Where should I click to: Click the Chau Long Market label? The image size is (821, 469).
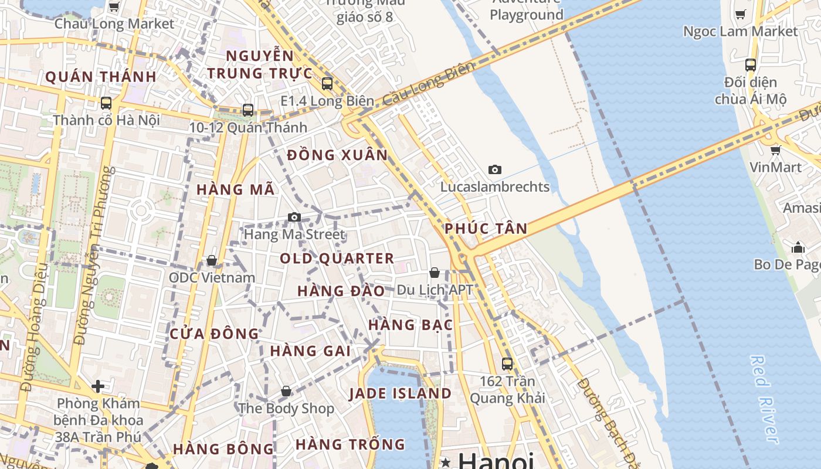pos(114,24)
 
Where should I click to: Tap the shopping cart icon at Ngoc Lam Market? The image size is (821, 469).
pos(741,14)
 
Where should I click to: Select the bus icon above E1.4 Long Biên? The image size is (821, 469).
pos(327,84)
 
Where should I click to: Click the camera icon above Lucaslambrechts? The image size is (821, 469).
pos(495,170)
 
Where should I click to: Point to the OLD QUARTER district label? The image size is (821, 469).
pos(337,259)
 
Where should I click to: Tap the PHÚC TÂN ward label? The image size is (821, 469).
pos(486,229)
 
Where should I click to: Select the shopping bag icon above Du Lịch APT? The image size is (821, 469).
pos(435,273)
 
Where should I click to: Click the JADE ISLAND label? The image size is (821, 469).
pos(401,393)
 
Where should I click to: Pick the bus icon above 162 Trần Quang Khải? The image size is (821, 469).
pos(507,364)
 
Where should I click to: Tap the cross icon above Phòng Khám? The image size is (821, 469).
pos(98,386)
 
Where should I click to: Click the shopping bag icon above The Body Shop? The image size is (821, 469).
pos(286,391)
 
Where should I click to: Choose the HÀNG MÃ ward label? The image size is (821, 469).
pos(235,190)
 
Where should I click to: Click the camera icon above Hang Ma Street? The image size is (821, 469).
pos(294,217)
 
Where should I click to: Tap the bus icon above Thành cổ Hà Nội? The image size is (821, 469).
pos(106,103)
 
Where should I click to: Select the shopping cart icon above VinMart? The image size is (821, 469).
pos(776,151)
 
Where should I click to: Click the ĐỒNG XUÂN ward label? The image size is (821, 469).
pos(337,155)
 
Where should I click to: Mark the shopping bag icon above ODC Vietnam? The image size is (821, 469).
pos(212,260)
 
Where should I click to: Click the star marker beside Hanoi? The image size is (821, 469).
pos(446,462)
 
